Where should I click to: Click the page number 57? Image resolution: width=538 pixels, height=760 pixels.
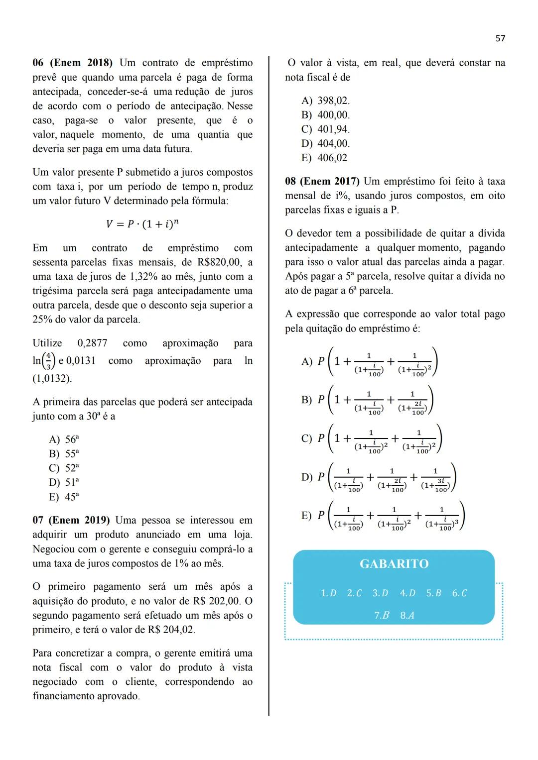click(x=500, y=38)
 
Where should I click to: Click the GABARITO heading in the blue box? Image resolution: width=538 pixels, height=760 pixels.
click(x=394, y=564)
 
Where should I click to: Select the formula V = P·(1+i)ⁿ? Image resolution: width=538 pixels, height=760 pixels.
click(x=142, y=224)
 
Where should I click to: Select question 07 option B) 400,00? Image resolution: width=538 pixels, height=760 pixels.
click(x=326, y=115)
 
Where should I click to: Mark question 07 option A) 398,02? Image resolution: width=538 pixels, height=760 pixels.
click(x=326, y=101)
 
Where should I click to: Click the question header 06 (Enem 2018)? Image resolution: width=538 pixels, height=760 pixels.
click(x=73, y=63)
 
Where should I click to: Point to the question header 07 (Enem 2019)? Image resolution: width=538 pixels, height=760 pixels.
click(x=71, y=521)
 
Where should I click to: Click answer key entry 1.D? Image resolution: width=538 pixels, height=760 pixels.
click(x=329, y=593)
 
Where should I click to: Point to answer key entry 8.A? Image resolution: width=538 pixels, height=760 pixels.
click(x=407, y=616)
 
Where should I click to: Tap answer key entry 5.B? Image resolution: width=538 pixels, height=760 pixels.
click(x=433, y=593)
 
